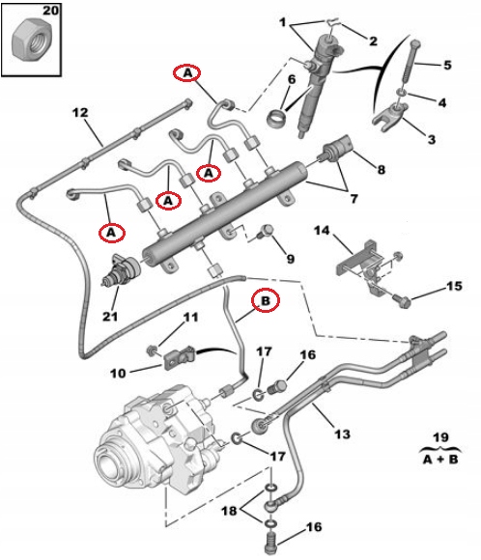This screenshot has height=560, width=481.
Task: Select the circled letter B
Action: tap(265, 300)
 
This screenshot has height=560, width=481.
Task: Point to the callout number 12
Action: tap(79, 112)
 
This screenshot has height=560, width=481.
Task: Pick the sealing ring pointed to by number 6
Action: tap(277, 121)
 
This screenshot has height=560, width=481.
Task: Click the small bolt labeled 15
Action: tap(405, 302)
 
